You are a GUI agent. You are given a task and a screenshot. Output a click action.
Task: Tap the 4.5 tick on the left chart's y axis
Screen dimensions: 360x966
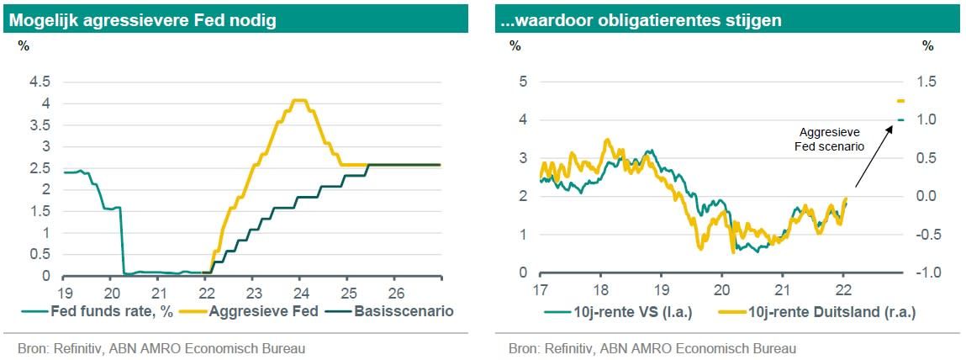40,82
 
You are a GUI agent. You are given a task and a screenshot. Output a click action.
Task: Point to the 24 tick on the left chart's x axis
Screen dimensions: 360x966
301,292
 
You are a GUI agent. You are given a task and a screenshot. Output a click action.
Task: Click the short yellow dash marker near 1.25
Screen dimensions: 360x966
900,101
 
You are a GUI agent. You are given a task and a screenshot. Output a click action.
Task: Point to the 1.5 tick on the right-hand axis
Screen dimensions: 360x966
927,82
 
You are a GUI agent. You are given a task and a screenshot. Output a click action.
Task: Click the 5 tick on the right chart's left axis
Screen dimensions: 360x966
522,82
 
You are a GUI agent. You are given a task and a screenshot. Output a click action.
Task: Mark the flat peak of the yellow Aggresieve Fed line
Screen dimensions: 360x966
298,101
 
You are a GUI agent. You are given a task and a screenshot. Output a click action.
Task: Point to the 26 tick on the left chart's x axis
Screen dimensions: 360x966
396,292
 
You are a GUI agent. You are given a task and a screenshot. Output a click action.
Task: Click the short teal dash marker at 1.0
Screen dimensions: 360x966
900,120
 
